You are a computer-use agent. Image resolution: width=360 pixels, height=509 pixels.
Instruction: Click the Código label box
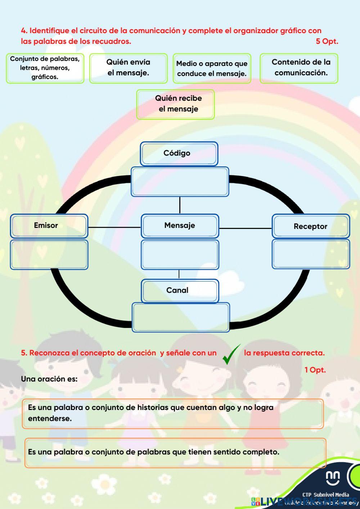(179, 154)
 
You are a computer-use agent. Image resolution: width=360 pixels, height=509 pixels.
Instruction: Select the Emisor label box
(49, 226)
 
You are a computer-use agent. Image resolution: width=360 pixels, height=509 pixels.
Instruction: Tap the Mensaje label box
(180, 226)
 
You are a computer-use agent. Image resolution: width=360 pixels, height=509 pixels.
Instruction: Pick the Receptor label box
(310, 226)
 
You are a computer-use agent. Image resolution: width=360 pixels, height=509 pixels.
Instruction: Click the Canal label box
(180, 291)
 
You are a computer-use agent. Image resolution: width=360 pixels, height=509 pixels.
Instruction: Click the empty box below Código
(180, 182)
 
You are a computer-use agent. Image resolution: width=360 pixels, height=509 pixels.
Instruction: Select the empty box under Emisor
(49, 255)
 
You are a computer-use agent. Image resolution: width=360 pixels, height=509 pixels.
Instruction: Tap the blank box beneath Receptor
(310, 254)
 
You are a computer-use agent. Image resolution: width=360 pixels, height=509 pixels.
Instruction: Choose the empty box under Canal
(180, 317)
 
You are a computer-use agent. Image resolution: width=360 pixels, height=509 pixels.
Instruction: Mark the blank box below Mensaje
(180, 255)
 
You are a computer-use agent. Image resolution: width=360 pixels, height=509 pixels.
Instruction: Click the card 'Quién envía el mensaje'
(128, 68)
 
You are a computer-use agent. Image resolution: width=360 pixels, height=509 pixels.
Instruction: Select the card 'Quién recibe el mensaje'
(175, 104)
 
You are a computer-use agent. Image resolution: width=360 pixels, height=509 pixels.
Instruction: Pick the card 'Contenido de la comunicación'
(299, 68)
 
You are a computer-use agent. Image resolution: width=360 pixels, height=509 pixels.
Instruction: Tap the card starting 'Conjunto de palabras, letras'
(45, 68)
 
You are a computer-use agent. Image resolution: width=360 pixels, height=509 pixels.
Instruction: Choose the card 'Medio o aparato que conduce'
(212, 68)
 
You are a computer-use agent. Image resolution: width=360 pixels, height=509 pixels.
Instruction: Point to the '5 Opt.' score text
(327, 41)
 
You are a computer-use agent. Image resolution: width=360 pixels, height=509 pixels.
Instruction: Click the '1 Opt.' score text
(315, 370)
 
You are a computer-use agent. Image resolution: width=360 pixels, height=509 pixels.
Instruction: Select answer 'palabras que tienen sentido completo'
(175, 452)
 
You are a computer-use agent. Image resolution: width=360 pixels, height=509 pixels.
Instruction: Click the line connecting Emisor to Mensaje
(114, 227)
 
